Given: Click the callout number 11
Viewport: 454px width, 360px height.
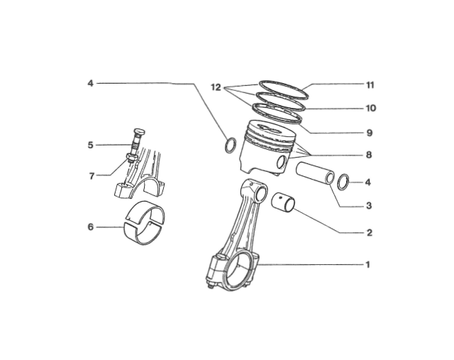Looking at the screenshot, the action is pyautogui.click(x=370, y=85).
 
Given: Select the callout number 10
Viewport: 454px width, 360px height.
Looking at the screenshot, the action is pyautogui.click(x=370, y=108).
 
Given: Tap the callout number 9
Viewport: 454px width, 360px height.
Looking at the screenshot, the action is pyautogui.click(x=370, y=133).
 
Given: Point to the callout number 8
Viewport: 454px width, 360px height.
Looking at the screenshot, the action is pyautogui.click(x=369, y=155).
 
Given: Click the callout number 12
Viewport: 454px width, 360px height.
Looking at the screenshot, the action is pyautogui.click(x=216, y=87).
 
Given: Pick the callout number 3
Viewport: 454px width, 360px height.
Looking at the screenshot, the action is pyautogui.click(x=369, y=206).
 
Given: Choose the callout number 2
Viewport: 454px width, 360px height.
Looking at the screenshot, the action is pyautogui.click(x=369, y=232).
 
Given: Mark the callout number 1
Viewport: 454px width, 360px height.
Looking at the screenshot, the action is pyautogui.click(x=368, y=265).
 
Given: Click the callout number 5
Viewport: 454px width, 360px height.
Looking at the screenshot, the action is pyautogui.click(x=91, y=145).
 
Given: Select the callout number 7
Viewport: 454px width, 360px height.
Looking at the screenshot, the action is pyautogui.click(x=92, y=176).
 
